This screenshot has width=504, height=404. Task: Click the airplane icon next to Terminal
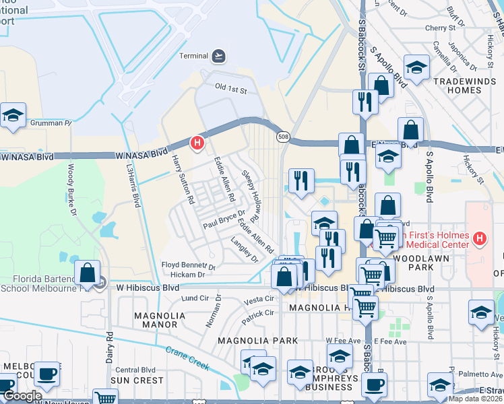[x=219, y=55]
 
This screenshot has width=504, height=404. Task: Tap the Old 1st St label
[x=231, y=88]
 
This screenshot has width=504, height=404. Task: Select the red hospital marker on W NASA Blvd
[x=197, y=143]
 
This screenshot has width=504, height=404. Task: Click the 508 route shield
[x=282, y=137]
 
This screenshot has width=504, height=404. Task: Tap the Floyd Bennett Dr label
[x=188, y=266]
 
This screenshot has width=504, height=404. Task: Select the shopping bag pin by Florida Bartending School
[x=88, y=273]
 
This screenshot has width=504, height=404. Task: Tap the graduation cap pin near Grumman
[x=13, y=115]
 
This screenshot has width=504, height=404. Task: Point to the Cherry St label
[x=441, y=28]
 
